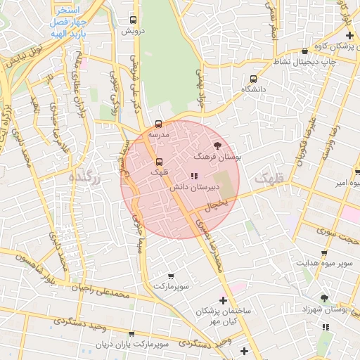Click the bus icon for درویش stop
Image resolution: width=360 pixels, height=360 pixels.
click(x=134, y=20)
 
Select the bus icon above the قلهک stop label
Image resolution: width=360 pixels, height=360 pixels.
click(x=159, y=161)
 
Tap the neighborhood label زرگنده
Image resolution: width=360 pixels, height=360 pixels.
click(x=86, y=179)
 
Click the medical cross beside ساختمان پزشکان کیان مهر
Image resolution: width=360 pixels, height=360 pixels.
click(x=223, y=300)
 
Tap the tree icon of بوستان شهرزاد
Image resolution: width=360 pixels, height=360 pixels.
click(x=324, y=298)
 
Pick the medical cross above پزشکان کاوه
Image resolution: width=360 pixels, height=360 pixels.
click(x=347, y=34)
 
